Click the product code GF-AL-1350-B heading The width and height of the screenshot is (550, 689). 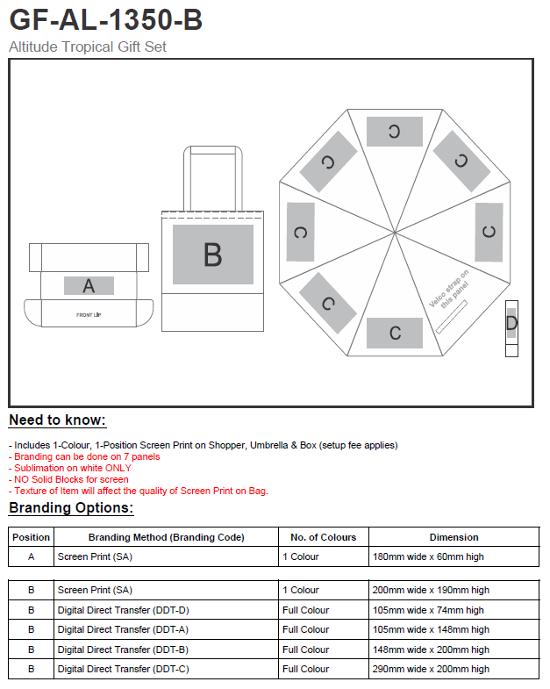click(106, 20)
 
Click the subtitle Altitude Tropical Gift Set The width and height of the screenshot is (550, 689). click(88, 47)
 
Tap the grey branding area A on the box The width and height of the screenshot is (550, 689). click(89, 285)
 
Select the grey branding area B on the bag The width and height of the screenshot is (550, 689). click(213, 255)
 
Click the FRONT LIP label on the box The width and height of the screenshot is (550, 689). click(89, 314)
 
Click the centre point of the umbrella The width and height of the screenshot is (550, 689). click(395, 232)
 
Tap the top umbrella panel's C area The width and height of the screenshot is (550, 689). click(395, 132)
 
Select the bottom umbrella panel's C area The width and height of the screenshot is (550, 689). click(395, 333)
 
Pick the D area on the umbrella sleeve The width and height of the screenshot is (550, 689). click(511, 323)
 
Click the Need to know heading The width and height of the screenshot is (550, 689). click(58, 420)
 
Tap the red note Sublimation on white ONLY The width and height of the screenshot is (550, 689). click(70, 468)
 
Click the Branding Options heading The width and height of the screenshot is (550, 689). click(71, 508)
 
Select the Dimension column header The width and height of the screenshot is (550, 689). click(454, 537)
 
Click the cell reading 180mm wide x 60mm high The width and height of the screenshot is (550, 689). click(428, 556)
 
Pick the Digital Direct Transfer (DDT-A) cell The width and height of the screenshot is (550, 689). click(123, 629)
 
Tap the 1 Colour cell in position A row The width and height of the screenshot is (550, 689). click(301, 556)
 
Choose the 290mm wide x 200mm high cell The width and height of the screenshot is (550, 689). click(431, 669)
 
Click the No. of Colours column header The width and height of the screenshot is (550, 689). click(324, 537)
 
